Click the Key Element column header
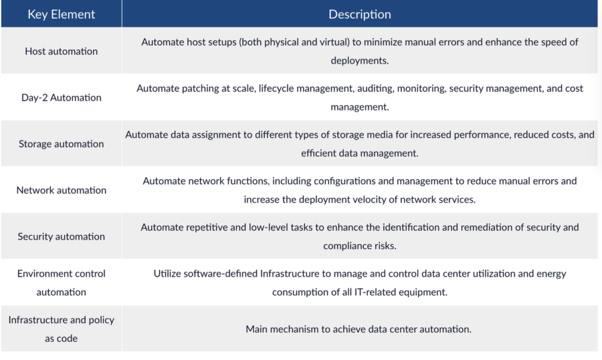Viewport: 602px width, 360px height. pyautogui.click(x=61, y=14)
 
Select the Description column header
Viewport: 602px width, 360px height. pyautogui.click(x=359, y=14)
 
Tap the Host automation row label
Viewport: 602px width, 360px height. pyautogui.click(x=61, y=51)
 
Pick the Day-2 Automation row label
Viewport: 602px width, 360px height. pyautogui.click(x=61, y=98)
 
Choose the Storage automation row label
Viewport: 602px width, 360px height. pyautogui.click(x=61, y=144)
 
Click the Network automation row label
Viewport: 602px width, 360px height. pyautogui.click(x=61, y=190)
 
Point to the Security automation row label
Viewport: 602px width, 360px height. pyautogui.click(x=61, y=236)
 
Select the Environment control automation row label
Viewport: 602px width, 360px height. pyautogui.click(x=61, y=282)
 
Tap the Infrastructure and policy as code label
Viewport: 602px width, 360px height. pyautogui.click(x=61, y=329)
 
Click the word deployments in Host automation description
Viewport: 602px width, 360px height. pyautogui.click(x=358, y=60)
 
